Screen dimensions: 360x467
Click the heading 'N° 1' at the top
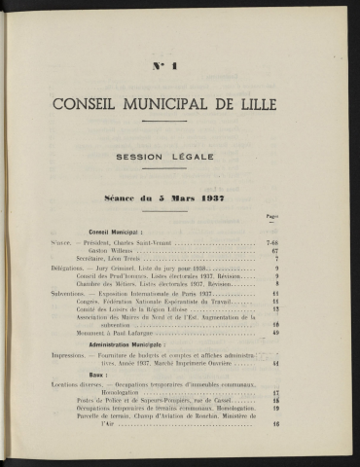[179, 67]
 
